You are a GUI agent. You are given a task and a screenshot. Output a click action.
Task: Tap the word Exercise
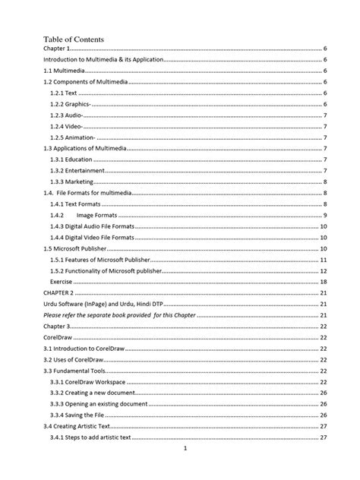click(x=63, y=282)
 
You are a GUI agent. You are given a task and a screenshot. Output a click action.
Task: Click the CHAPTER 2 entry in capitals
click(x=58, y=293)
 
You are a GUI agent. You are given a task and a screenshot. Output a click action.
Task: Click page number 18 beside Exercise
click(x=324, y=282)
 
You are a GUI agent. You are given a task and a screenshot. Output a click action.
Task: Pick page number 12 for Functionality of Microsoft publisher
click(x=324, y=271)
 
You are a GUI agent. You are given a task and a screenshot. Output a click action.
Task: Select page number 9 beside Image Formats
click(x=325, y=216)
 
